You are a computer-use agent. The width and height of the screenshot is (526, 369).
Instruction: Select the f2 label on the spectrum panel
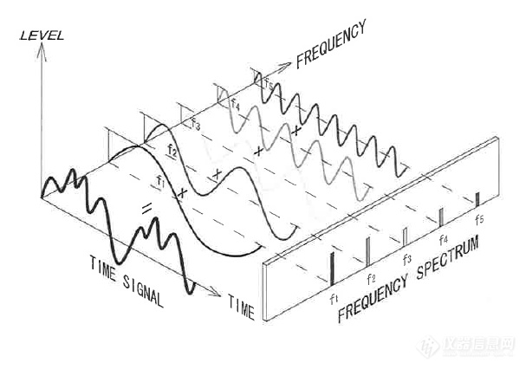pos(371,278)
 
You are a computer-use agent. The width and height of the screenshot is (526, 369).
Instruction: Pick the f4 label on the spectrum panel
pos(444,239)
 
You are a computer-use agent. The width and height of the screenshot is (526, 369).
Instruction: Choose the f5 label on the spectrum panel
pos(479,219)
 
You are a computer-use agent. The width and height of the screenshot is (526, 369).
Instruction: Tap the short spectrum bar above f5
pos(477,199)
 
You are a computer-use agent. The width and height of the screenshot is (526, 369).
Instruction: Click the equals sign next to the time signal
pos(147,207)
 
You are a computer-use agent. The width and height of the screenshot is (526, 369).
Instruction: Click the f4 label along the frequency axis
pos(235,104)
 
